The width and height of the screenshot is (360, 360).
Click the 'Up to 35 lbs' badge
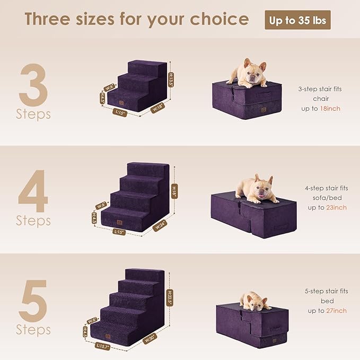297,20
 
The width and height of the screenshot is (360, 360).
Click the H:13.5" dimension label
171,80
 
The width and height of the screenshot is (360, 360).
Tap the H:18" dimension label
174,189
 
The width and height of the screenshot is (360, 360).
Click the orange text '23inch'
336,207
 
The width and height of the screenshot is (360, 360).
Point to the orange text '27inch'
336,310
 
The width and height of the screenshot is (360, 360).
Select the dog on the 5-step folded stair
256,301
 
